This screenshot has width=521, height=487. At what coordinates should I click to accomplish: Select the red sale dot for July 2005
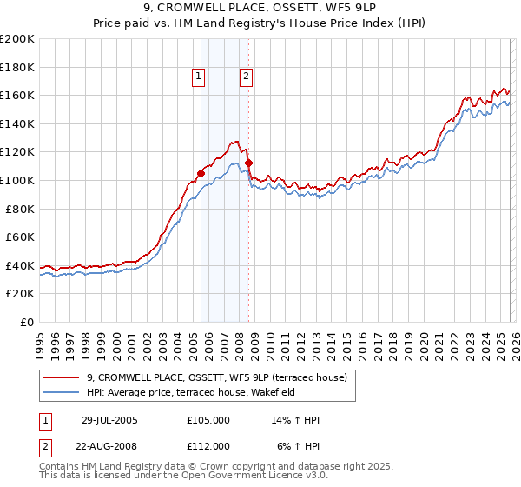[x=201, y=173]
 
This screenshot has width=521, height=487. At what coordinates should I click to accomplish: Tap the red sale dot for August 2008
[x=248, y=163]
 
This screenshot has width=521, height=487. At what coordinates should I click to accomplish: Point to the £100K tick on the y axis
[x=17, y=180]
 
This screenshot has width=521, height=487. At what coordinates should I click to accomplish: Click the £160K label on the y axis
[x=17, y=95]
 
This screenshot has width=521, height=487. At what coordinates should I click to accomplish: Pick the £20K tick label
[x=20, y=294]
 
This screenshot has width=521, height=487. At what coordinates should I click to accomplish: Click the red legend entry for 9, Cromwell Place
[x=216, y=377]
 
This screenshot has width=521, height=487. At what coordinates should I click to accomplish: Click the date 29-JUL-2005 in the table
[x=109, y=420]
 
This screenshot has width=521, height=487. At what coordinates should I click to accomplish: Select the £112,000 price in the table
[x=208, y=446]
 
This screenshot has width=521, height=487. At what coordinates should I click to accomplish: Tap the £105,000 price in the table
[x=208, y=420]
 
